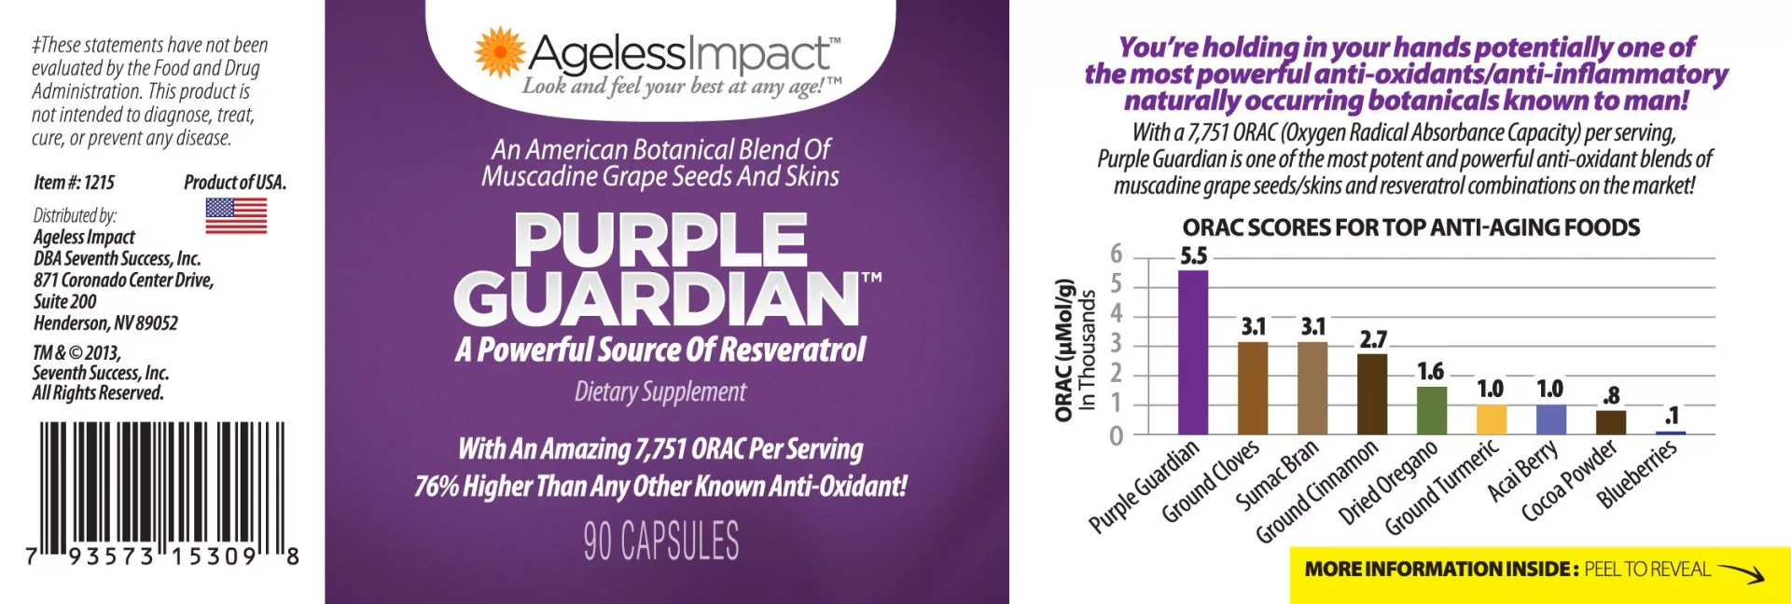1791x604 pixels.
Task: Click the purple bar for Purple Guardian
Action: point(1193,352)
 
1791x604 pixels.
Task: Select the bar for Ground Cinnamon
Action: point(1372,394)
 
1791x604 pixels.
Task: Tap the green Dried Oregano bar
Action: point(1432,411)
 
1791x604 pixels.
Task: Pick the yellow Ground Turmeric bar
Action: point(1492,419)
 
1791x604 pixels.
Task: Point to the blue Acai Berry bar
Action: point(1551,419)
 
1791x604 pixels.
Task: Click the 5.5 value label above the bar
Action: point(1193,255)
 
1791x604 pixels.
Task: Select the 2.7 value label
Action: point(1373,339)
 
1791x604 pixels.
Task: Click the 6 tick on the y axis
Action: point(1116,254)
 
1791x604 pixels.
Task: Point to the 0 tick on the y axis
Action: point(1116,435)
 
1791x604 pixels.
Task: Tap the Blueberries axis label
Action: point(1636,474)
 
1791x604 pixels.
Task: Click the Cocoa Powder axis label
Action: point(1569,481)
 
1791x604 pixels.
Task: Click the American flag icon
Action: point(236,215)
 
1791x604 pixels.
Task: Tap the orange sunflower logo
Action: point(500,51)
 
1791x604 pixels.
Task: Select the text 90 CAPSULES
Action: point(661,541)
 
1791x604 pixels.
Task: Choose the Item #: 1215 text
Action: point(75,183)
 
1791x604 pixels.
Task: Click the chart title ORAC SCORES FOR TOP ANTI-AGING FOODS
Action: point(1410,227)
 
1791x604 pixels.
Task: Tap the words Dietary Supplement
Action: point(660,391)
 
